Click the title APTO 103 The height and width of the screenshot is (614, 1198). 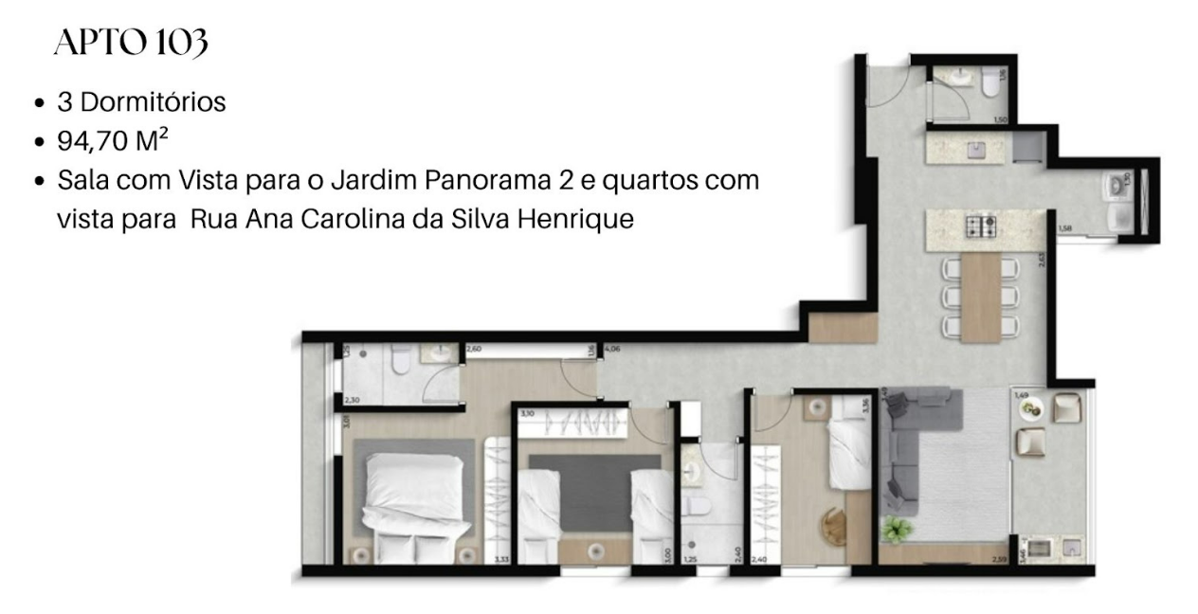[130, 44]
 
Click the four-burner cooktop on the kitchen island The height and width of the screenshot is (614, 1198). [977, 226]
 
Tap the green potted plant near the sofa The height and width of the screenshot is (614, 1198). [895, 528]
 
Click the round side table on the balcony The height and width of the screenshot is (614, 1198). [1030, 408]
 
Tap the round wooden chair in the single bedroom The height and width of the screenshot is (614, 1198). [833, 522]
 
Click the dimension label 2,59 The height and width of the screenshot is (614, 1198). [997, 562]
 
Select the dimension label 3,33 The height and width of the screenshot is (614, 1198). [501, 561]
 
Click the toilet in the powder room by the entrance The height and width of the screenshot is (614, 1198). [989, 84]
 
